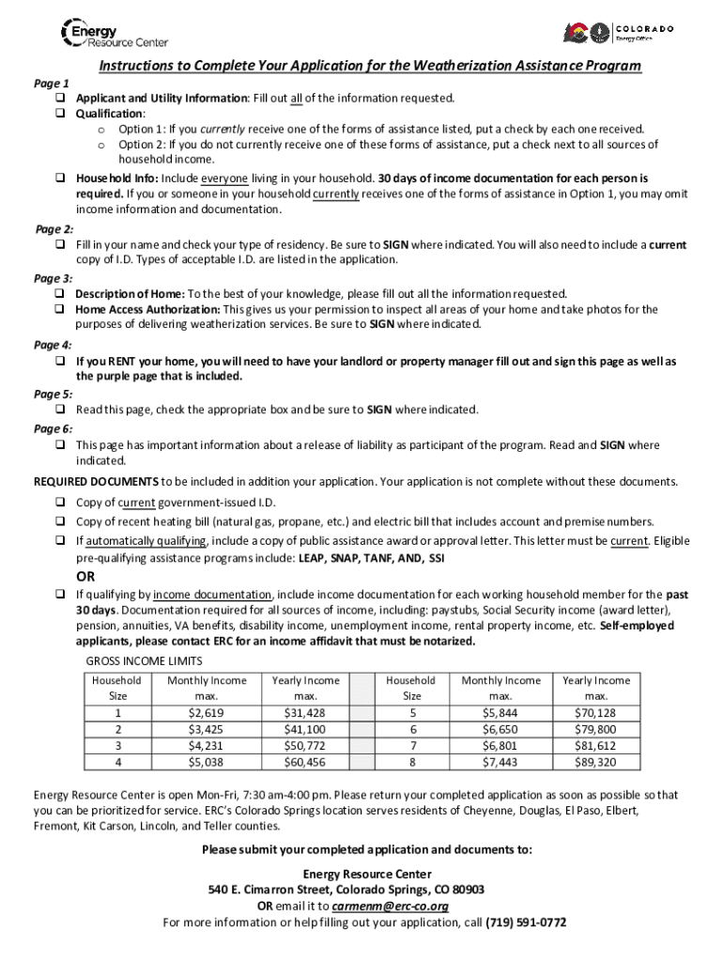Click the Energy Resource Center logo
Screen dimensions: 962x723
pyautogui.click(x=114, y=34)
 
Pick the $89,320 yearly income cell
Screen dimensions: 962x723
pyautogui.click(x=595, y=762)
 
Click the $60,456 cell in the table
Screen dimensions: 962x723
pyautogui.click(x=305, y=762)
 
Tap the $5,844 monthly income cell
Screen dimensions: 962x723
pyautogui.click(x=500, y=712)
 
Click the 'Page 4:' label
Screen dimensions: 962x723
pyautogui.click(x=54, y=345)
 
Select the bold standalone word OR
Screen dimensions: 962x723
pyautogui.click(x=85, y=576)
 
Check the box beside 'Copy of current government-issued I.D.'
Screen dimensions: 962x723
pyautogui.click(x=58, y=503)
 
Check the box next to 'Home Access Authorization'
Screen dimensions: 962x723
pyautogui.click(x=58, y=309)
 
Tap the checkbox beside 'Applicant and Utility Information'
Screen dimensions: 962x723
pyautogui.click(x=58, y=99)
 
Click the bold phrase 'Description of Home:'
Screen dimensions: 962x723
pyautogui.click(x=130, y=294)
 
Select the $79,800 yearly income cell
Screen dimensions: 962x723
pyautogui.click(x=595, y=729)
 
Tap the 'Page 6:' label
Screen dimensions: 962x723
pyautogui.click(x=54, y=428)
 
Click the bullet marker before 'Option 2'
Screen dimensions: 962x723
pyautogui.click(x=100, y=145)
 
